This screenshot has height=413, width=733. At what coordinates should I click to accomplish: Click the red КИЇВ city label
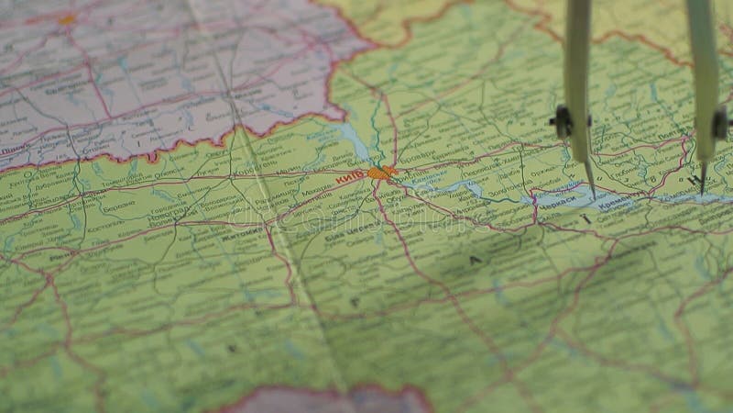pyautogui.click(x=349, y=176)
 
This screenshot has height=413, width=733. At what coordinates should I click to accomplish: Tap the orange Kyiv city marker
pyautogui.click(x=379, y=172)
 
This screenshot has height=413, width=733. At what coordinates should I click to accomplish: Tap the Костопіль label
pyautogui.click(x=104, y=223)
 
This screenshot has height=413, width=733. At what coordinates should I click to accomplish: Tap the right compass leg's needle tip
pyautogui.click(x=703, y=192)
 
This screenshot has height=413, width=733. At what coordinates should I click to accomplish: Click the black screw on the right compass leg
pyautogui.click(x=720, y=124)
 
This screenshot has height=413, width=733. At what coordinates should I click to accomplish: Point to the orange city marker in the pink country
pyautogui.click(x=68, y=18)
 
